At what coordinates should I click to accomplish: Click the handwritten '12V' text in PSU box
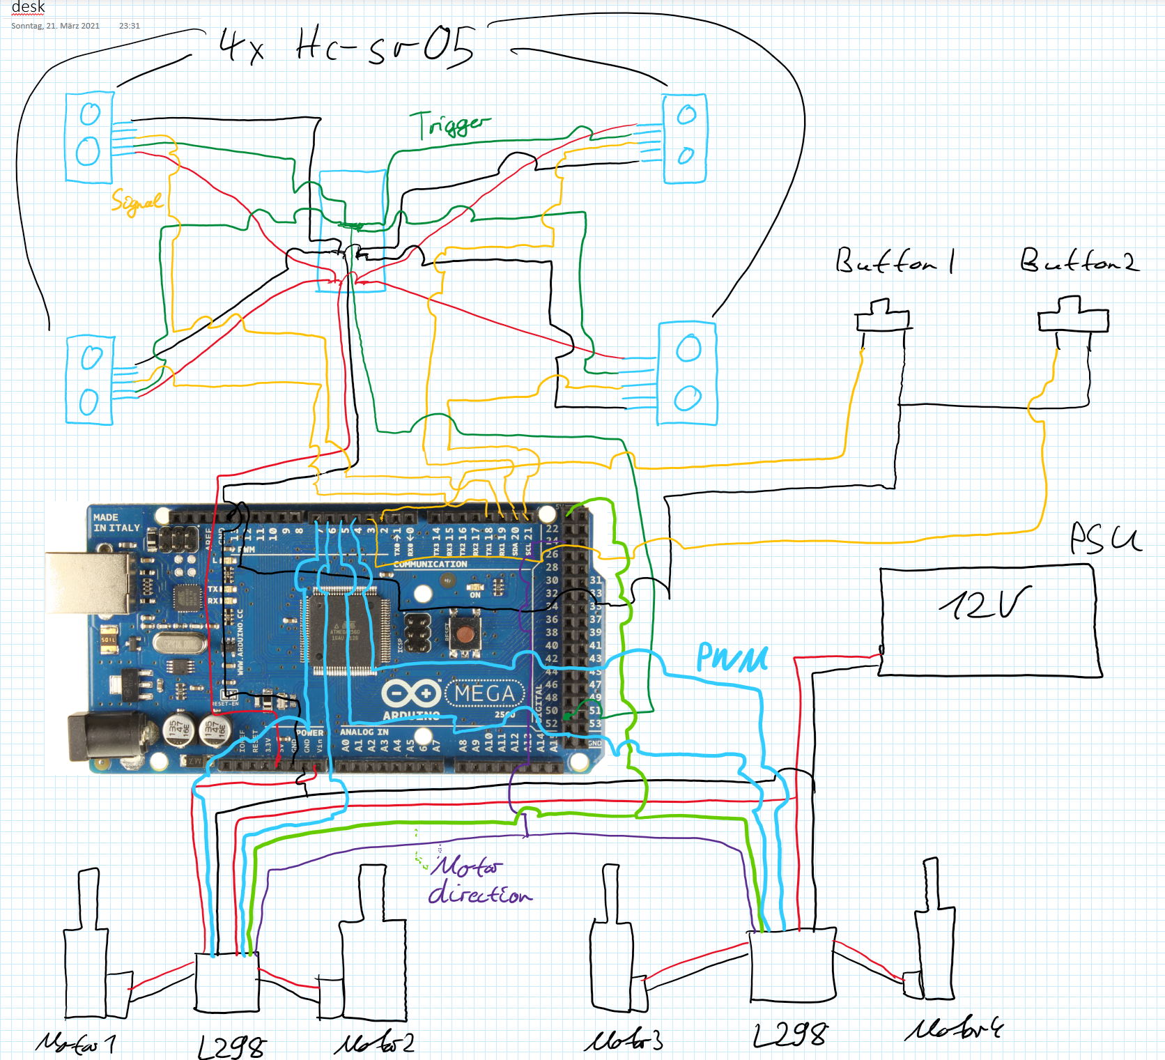(984, 603)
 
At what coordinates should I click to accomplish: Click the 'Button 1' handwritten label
(895, 261)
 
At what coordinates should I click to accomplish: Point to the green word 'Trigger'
(449, 125)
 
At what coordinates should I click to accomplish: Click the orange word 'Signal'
(137, 203)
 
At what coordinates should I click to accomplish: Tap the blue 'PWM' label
(732, 657)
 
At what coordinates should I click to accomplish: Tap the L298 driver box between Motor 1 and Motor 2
(226, 983)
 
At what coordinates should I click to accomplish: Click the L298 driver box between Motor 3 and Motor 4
(792, 965)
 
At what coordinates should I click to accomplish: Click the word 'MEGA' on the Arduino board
(484, 693)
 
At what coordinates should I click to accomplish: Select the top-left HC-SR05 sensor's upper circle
(90, 114)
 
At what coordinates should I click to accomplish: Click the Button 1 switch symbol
(882, 317)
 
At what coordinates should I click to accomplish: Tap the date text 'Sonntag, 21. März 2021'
(55, 26)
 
